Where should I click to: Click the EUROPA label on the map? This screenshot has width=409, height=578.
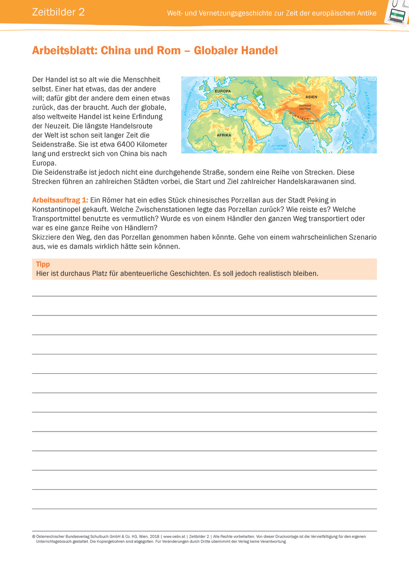[x=223, y=91]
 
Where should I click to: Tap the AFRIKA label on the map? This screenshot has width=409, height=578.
[x=224, y=135]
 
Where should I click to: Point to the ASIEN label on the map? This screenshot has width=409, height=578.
[x=311, y=97]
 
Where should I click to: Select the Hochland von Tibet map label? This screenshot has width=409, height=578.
[x=305, y=107]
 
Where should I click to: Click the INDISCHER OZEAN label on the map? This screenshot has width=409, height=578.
[x=278, y=147]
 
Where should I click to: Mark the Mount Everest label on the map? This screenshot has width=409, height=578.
[x=307, y=122]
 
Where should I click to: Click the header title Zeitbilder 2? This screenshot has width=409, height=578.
[x=58, y=12]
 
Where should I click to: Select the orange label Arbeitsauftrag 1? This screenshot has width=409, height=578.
[x=60, y=200]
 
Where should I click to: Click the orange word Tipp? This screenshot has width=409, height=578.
[x=43, y=264]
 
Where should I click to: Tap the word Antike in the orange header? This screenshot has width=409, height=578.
[x=366, y=13]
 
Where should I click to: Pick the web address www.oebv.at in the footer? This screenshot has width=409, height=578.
[x=174, y=536]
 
